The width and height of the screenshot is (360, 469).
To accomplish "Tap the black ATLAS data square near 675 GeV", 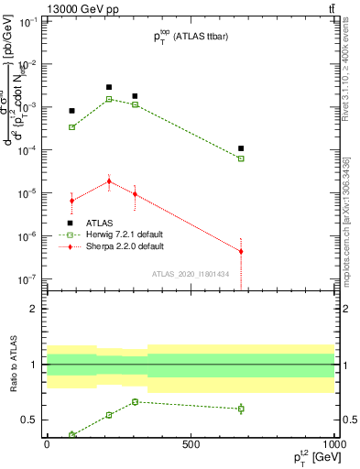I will tap(241, 148).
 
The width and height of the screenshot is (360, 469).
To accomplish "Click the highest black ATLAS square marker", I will tap(109, 87).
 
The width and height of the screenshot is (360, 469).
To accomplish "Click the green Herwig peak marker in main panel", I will tap(109, 99).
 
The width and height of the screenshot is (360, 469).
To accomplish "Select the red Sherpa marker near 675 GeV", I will tap(241, 251).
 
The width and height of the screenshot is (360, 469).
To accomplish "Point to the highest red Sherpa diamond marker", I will tap(109, 181).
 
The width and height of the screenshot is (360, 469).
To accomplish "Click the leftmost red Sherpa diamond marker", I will tap(71, 201).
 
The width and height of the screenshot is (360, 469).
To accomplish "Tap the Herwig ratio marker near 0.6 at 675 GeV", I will tap(241, 409).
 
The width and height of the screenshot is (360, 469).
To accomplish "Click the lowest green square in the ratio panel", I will tap(71, 435).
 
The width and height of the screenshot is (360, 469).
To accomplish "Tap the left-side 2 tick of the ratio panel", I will tap(34, 309).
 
